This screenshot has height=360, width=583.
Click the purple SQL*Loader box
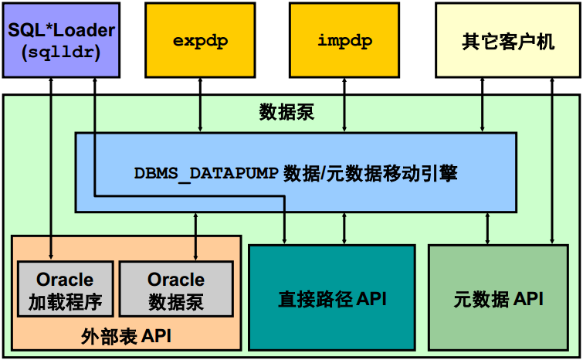(x=61, y=40)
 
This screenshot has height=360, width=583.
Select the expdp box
(x=200, y=40)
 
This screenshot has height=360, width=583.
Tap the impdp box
(x=344, y=40)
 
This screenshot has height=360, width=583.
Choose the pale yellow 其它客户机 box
(x=508, y=40)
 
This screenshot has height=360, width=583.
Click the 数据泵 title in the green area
(x=286, y=112)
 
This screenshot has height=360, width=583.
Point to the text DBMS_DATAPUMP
(x=206, y=173)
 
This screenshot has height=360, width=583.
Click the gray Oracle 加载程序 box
(x=66, y=289)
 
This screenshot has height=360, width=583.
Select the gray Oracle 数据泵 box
(x=176, y=289)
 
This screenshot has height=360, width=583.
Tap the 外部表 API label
(x=126, y=337)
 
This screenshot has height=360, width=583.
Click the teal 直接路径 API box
(x=332, y=297)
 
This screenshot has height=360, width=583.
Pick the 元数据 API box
(x=499, y=297)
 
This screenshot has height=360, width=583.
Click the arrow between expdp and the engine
(x=200, y=105)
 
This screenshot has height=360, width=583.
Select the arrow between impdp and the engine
(x=344, y=105)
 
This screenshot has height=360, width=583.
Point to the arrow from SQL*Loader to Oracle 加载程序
(x=51, y=169)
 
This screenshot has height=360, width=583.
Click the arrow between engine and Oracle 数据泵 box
(x=195, y=236)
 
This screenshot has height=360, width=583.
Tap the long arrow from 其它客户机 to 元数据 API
(x=552, y=161)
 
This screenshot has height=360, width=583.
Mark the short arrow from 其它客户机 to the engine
(x=483, y=105)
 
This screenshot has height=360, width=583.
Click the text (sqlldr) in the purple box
(x=61, y=52)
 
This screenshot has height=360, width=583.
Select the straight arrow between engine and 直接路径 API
(x=344, y=229)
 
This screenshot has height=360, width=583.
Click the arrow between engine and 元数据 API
(x=487, y=229)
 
